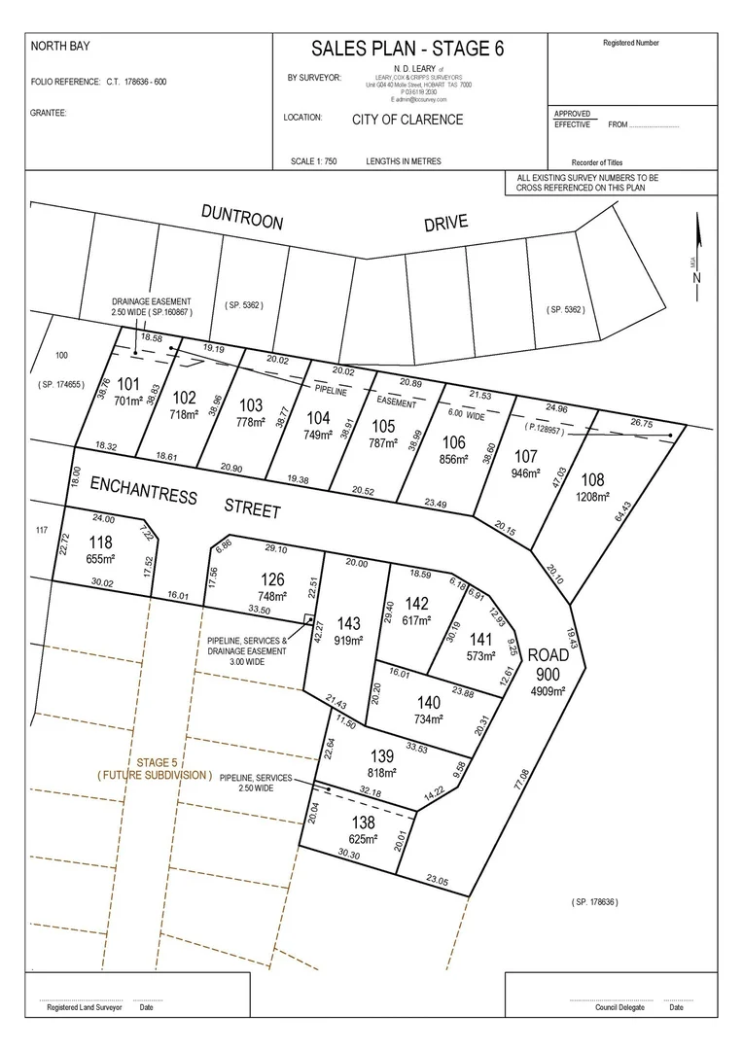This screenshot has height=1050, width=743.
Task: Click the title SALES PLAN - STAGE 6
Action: pos(408,50)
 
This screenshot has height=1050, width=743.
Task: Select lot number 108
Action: pos(592,479)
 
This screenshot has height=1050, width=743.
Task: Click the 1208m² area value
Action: pos(592,497)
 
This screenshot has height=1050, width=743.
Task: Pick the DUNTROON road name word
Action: pos(242,217)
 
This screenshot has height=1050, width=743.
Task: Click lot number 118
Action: pos(101,542)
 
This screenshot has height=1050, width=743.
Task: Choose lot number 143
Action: pos(348,623)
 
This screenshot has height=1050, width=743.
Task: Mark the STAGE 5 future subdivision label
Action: pos(156,762)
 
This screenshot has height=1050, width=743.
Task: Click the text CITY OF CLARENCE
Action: pos(407,120)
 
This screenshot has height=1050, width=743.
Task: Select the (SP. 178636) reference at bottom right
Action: pos(593,902)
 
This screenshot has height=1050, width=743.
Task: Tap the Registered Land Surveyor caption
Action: pos(86,1008)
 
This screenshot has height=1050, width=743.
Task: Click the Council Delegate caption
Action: pos(619,1008)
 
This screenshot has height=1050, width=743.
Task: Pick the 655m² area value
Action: pos(101,559)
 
